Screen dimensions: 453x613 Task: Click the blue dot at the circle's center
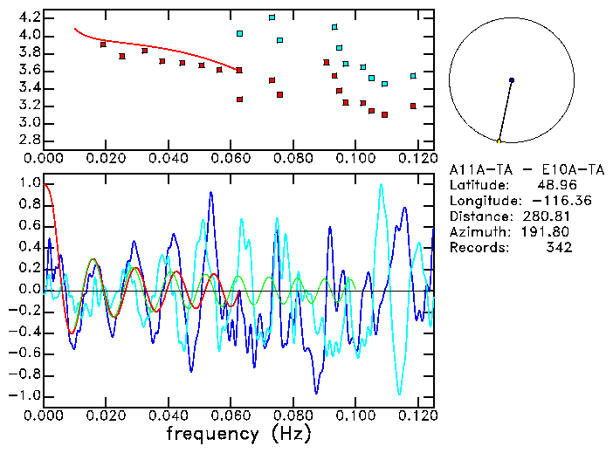(x=511, y=80)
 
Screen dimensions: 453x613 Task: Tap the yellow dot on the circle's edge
(x=499, y=141)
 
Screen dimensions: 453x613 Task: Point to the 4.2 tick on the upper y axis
(x=29, y=17)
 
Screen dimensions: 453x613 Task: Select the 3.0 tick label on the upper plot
(x=29, y=122)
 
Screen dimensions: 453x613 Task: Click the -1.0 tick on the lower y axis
(x=25, y=395)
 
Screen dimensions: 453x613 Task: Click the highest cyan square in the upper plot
(x=272, y=17)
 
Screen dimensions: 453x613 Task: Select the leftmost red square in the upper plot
(x=103, y=45)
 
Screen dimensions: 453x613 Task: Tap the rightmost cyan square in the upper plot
(x=413, y=76)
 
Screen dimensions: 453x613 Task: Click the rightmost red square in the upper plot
(x=413, y=106)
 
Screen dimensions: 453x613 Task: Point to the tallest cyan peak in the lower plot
(x=381, y=184)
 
